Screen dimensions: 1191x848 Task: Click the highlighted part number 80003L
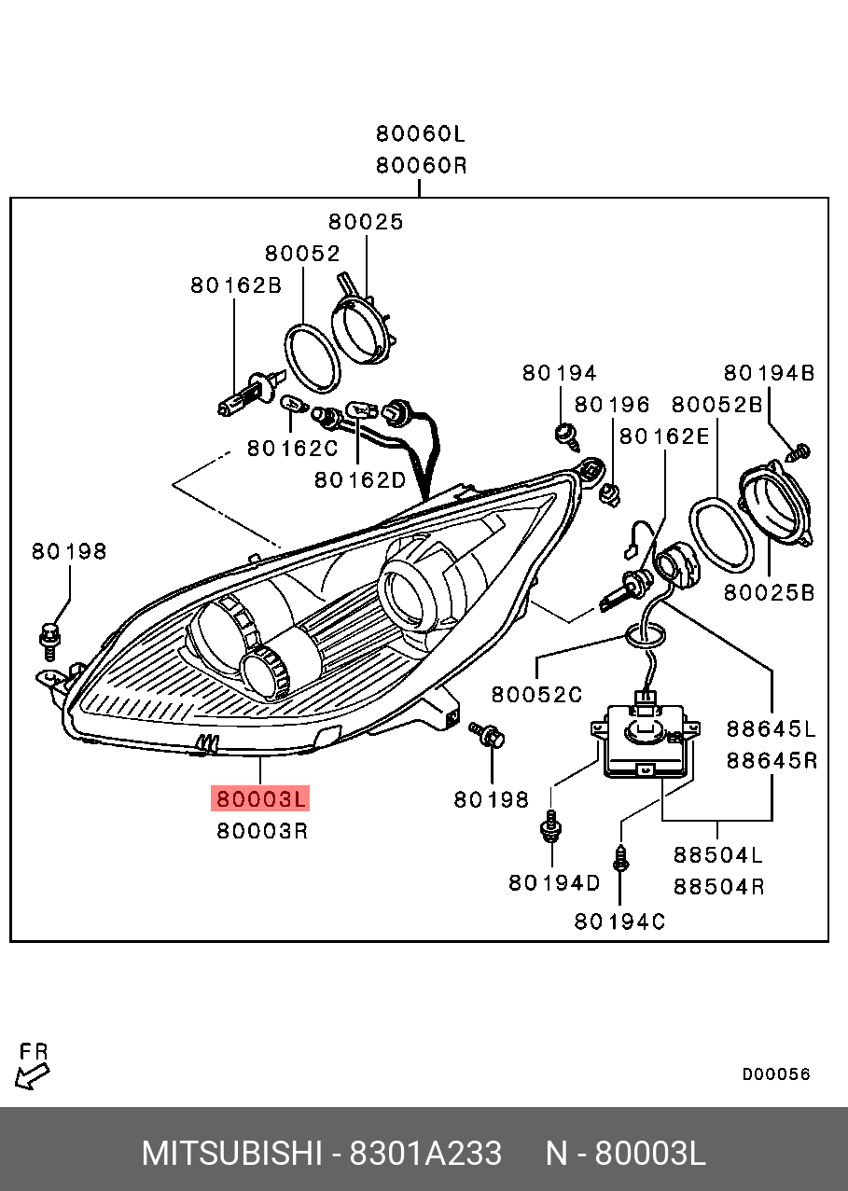click(x=261, y=799)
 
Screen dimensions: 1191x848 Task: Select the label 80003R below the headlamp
click(x=262, y=830)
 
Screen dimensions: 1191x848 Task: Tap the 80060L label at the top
click(x=420, y=134)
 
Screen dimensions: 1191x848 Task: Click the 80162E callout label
click(x=664, y=436)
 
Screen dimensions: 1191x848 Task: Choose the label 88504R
click(x=718, y=886)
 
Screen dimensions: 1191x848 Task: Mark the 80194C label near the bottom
click(x=619, y=921)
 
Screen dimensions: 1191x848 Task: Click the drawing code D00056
click(x=776, y=1074)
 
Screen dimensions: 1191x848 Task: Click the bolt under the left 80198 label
click(x=49, y=637)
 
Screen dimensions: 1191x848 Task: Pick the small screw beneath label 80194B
click(x=799, y=453)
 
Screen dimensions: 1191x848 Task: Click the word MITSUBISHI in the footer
click(x=232, y=1154)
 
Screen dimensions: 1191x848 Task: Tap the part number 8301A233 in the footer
click(x=425, y=1154)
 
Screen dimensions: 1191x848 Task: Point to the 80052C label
click(x=536, y=694)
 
